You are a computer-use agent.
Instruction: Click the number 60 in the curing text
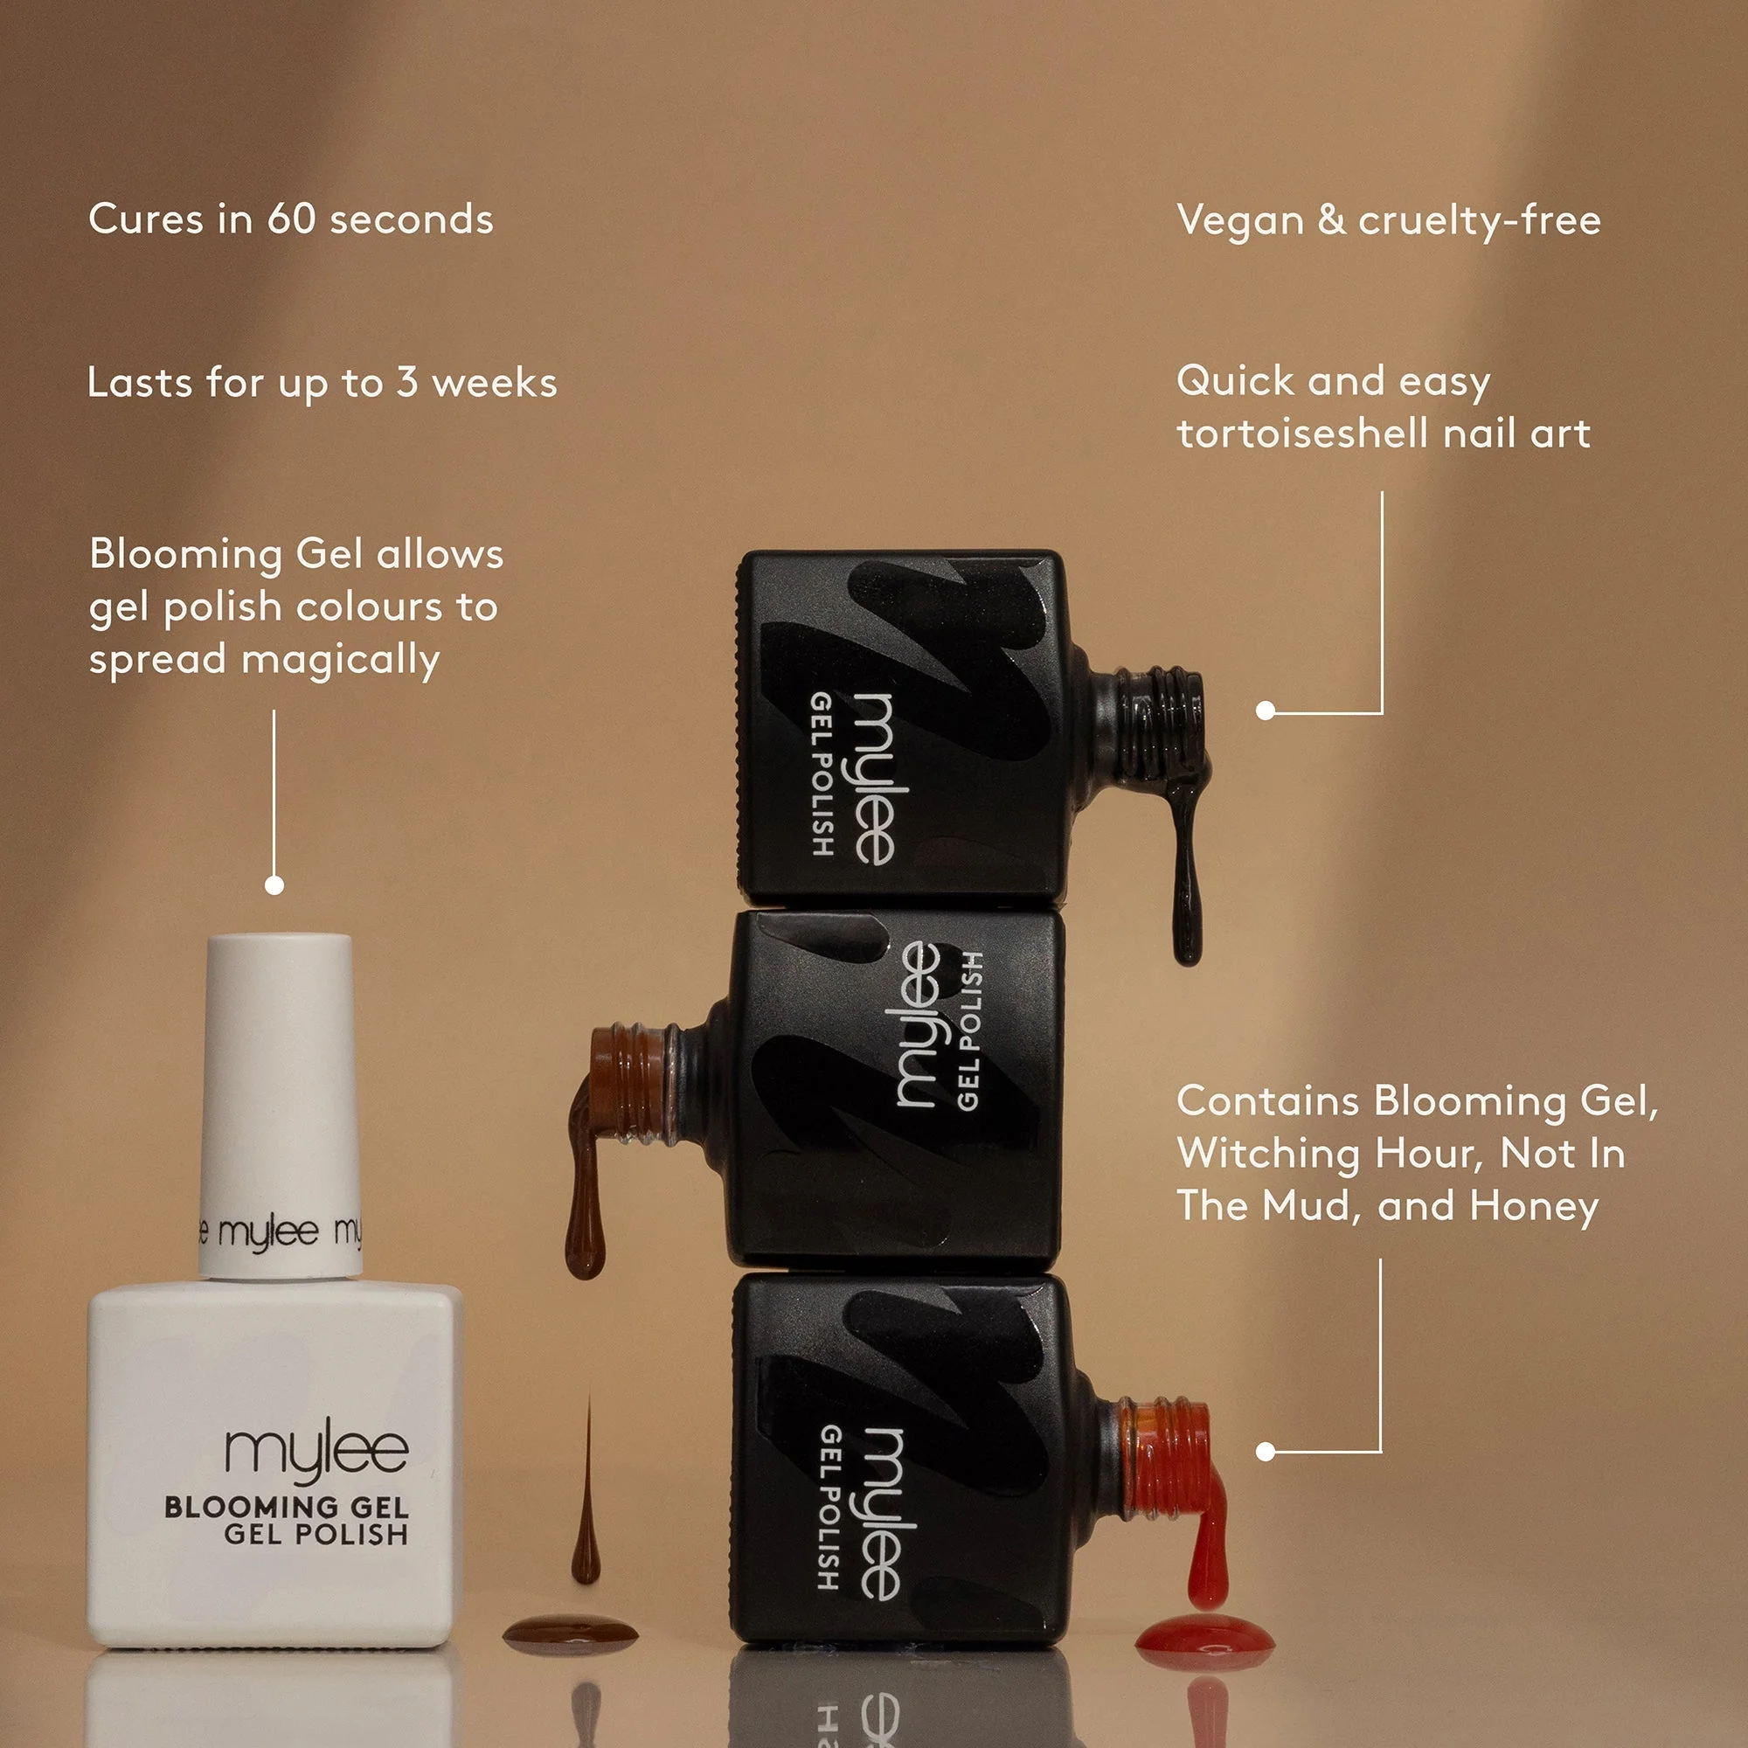[290, 220]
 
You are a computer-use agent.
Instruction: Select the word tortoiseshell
[1303, 434]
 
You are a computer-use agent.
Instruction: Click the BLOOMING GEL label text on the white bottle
[286, 1508]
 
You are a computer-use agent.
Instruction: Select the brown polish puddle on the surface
[570, 1631]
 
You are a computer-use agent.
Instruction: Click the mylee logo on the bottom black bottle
[880, 1515]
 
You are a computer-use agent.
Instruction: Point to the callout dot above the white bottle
[274, 884]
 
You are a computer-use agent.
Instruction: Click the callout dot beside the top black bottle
[1266, 711]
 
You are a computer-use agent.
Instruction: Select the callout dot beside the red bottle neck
[1266, 1452]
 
